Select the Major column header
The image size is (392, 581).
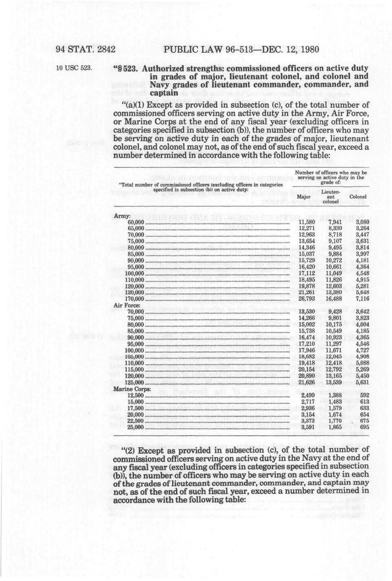tap(303, 197)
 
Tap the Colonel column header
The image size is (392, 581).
tap(358, 197)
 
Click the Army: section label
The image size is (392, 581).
tap(122, 216)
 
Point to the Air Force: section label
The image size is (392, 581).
tap(127, 305)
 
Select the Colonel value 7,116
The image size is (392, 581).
tap(362, 299)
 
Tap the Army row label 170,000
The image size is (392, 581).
tap(136, 299)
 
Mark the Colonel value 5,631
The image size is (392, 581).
tap(362, 382)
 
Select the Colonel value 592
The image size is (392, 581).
tap(364, 396)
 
